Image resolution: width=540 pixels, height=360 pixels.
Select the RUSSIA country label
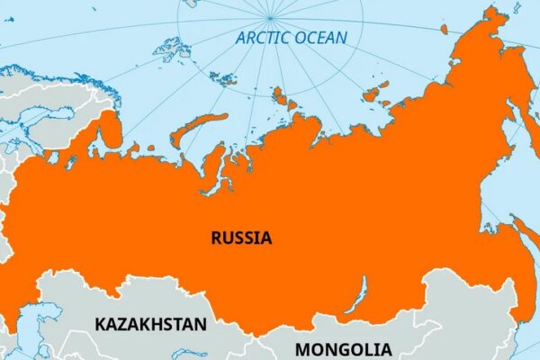point(241,238)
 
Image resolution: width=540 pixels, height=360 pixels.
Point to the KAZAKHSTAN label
point(150,323)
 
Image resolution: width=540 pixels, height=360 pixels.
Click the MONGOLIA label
point(344,349)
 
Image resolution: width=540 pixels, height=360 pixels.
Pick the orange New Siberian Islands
point(374,91)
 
